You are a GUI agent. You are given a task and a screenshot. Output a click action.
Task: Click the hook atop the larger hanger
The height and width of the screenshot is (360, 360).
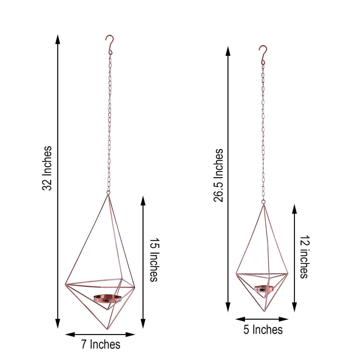tap(110, 44)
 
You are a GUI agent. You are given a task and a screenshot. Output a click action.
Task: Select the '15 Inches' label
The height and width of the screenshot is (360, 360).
tap(154, 260)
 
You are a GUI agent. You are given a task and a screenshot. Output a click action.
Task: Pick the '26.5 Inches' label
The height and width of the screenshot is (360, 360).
tap(218, 175)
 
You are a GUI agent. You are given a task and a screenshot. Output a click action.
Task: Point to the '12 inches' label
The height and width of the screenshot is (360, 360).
tap(304, 259)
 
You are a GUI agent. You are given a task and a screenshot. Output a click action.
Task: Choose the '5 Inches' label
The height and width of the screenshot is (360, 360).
tap(263, 329)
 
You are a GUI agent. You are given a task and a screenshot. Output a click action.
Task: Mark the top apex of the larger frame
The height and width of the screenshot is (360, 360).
tap(108, 194)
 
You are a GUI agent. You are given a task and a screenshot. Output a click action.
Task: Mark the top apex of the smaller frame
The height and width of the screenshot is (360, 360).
tap(263, 204)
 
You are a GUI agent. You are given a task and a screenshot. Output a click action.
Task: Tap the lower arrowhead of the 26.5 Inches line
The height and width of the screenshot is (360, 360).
tap(228, 307)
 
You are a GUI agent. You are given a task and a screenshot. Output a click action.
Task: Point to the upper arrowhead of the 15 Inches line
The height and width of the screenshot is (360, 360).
tap(143, 200)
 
